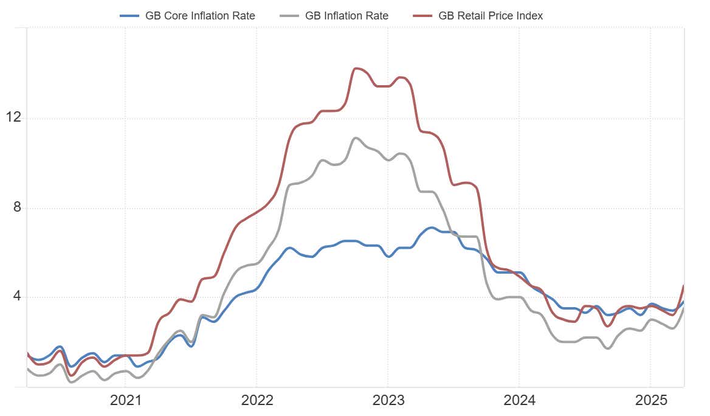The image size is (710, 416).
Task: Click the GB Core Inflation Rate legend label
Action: [x=200, y=16]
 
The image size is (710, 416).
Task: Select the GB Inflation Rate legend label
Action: [x=346, y=16]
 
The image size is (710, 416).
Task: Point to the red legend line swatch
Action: [x=422, y=16]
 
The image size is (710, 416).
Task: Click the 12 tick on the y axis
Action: [x=12, y=117]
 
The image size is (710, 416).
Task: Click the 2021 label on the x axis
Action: [x=125, y=400]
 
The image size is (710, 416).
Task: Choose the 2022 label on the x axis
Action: [x=256, y=400]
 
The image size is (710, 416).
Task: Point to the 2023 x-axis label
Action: [x=387, y=400]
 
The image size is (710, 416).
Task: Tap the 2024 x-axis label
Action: [x=519, y=400]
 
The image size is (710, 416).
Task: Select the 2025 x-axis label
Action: [x=650, y=400]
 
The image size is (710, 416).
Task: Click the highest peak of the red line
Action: [x=357, y=68]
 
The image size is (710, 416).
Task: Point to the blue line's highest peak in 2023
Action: [x=431, y=227]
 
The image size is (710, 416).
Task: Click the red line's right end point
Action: [x=684, y=286]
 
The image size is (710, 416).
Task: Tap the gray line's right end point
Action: [x=684, y=308]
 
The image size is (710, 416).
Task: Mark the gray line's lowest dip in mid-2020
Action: [x=72, y=382]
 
